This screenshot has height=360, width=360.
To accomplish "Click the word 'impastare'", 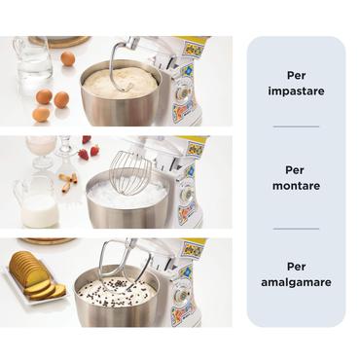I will (x=296, y=91).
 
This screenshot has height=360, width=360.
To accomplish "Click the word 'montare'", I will (x=296, y=186).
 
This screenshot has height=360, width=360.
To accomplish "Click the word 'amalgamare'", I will (x=296, y=281).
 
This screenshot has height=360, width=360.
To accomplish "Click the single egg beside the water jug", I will (x=68, y=59).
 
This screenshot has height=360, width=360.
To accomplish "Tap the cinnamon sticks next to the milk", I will (x=67, y=181).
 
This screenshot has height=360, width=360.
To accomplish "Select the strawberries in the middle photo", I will (x=90, y=152).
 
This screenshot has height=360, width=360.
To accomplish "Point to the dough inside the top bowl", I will (x=119, y=85).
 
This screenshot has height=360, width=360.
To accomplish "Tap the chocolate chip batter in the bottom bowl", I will (x=117, y=289).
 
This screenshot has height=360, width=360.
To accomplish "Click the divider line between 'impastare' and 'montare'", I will (x=296, y=126).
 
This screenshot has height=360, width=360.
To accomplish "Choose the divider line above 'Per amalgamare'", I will (x=296, y=229).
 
